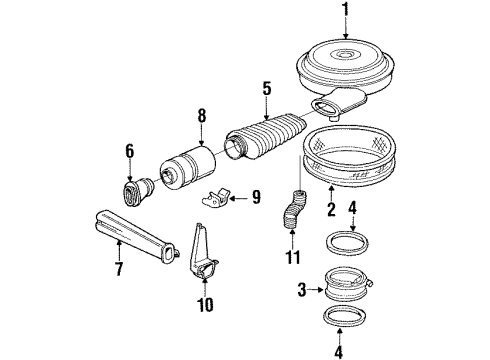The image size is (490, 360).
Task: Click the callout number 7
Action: pyautogui.click(x=119, y=268)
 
